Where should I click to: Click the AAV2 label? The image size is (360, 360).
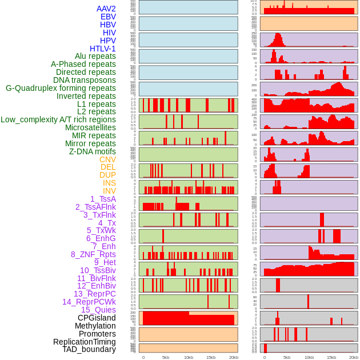(x=106, y=9)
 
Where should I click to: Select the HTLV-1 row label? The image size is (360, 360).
(x=102, y=49)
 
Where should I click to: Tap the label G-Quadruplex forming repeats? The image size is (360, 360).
(x=61, y=88)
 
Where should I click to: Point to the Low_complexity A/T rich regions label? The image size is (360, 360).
(x=58, y=119)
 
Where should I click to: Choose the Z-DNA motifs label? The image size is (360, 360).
(x=92, y=151)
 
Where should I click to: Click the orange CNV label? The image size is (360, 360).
(x=107, y=159)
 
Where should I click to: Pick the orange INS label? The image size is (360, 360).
(x=109, y=183)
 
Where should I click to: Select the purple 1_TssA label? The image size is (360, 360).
(x=103, y=199)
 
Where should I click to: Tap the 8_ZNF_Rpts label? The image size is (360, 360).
(x=93, y=254)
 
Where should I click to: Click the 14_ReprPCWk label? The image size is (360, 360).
(x=89, y=302)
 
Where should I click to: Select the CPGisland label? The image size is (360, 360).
(x=97, y=318)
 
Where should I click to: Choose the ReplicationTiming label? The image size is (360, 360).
(x=84, y=342)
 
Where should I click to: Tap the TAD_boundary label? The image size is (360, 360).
(x=89, y=349)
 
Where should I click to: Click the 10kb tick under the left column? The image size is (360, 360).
(x=188, y=357)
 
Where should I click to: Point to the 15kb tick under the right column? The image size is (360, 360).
(x=331, y=357)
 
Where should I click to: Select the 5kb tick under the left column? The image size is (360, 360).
(x=166, y=357)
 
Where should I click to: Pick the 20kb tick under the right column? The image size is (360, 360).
(x=354, y=357)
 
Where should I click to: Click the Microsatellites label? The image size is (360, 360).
(x=90, y=127)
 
